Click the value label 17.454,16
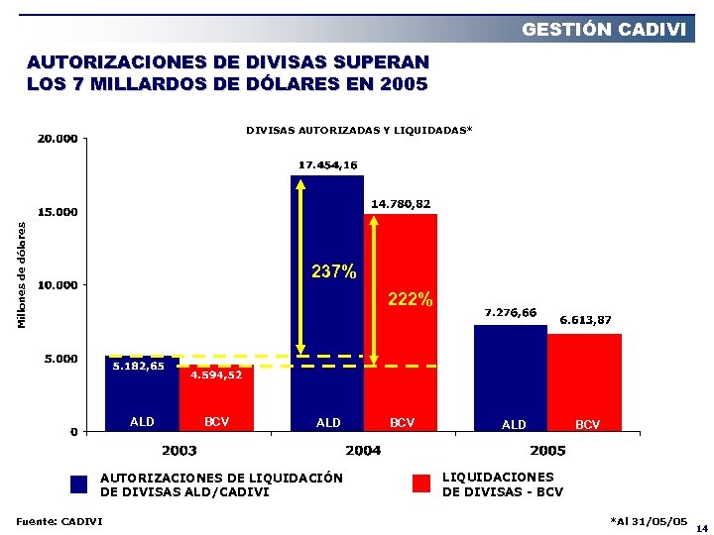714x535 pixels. coord(327,164)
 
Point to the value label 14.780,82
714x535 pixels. coord(401,203)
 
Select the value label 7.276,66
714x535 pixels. coord(510,313)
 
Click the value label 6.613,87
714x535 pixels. coord(585,320)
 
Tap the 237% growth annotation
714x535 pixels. coord(333,271)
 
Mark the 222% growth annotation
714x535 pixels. coord(410,298)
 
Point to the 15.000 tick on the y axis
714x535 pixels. coord(58,212)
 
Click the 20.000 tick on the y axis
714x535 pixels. coord(58,139)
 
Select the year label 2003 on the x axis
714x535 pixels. coord(178,451)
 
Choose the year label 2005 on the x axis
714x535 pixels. coord(547,451)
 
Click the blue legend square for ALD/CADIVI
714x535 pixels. coord(80,484)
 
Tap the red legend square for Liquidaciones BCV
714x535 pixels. coord(421,483)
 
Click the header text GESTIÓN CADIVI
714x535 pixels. coord(604,30)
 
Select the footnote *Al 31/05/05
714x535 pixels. coord(649,520)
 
